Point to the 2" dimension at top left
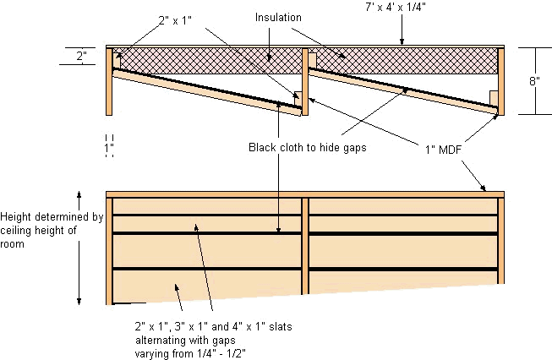pyautogui.click(x=81, y=57)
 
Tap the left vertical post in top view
pyautogui.click(x=109, y=81)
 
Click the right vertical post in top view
pyautogui.click(x=501, y=80)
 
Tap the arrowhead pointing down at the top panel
pyautogui.click(x=402, y=39)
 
